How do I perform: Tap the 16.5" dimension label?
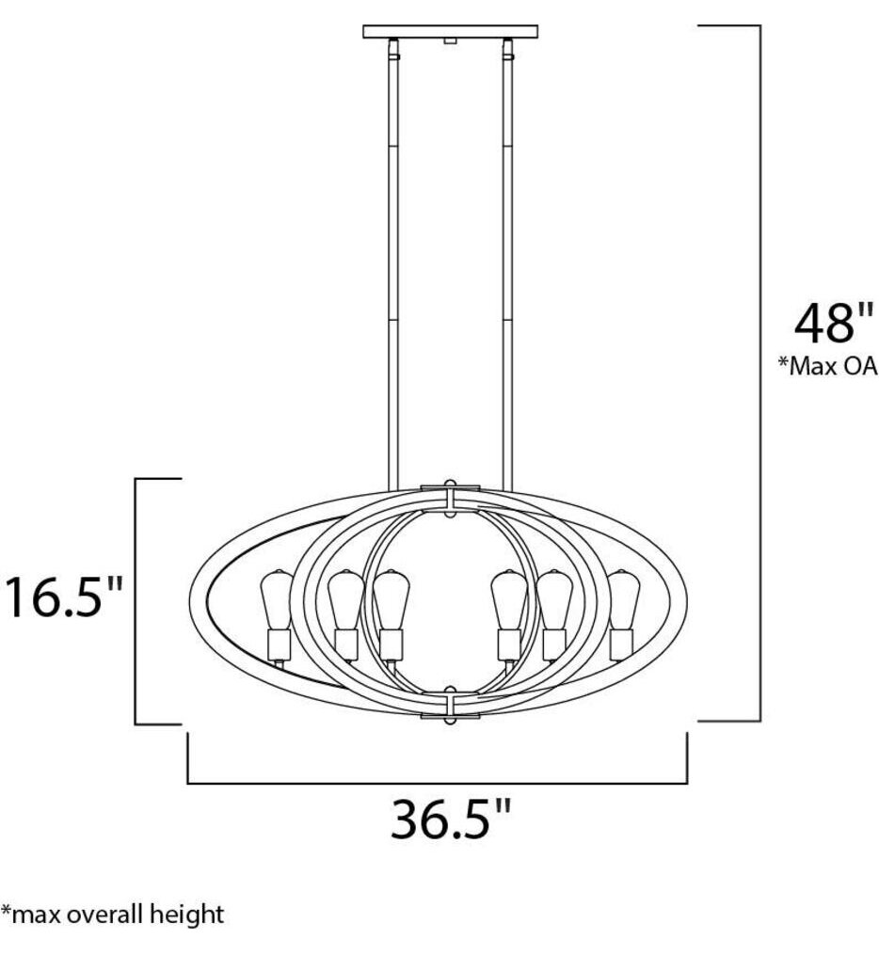point(63,597)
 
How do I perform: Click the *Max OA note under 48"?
point(827,367)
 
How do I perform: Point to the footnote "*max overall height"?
point(113,914)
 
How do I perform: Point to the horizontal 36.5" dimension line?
point(438,782)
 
